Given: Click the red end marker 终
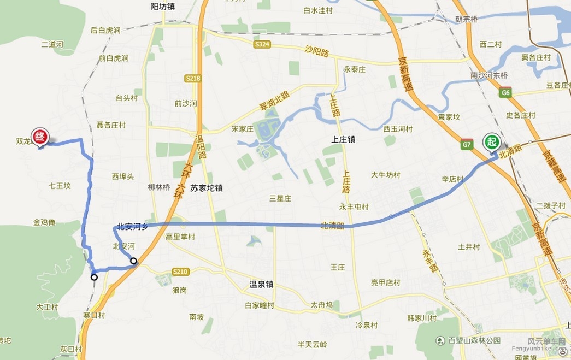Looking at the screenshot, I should (39, 136).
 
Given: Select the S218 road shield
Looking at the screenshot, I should (193, 79).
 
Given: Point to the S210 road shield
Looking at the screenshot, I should (180, 272).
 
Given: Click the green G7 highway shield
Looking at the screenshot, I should (466, 145).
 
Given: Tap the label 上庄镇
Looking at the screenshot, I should (343, 139).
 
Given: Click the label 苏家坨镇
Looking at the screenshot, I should (206, 188).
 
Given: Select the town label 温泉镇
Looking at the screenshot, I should (261, 284).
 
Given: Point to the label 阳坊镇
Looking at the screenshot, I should (162, 7).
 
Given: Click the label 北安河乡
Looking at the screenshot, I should (132, 227).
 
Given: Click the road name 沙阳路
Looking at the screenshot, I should (317, 53).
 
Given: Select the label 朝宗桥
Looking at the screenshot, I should (466, 19).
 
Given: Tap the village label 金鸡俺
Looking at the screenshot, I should (44, 222).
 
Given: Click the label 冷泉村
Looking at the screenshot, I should (367, 325).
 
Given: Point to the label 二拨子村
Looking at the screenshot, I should (550, 205).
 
